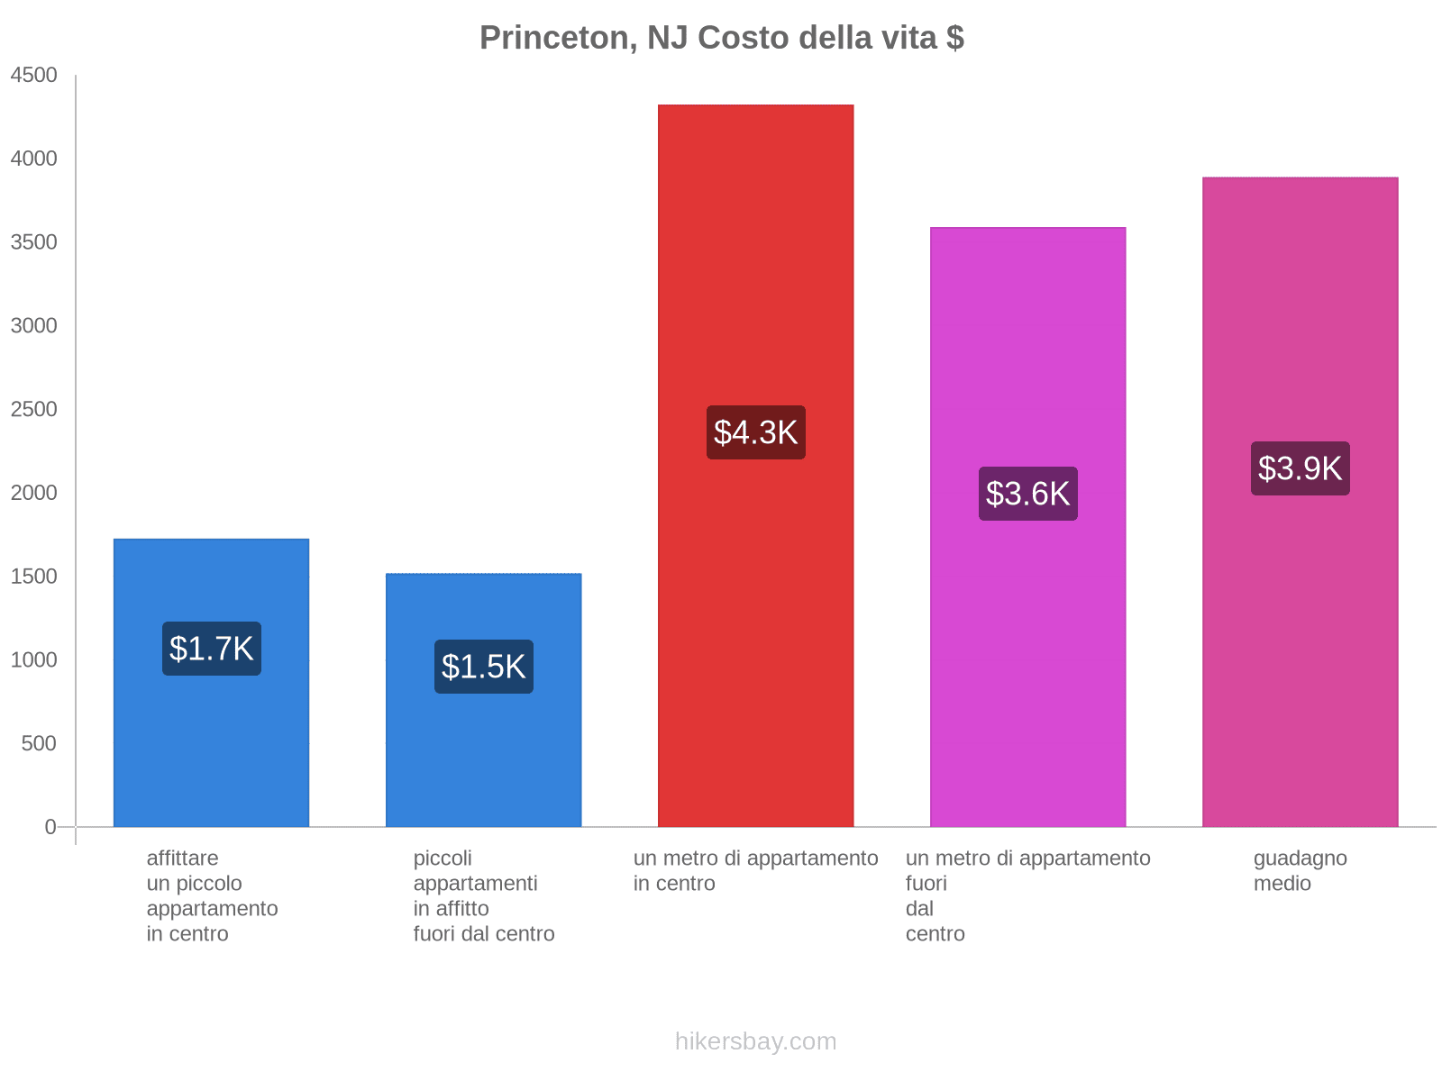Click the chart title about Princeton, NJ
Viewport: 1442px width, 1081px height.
click(721, 38)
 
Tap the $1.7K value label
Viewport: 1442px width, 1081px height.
click(212, 649)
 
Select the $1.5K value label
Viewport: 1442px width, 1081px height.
click(484, 667)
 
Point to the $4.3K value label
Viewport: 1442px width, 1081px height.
click(755, 432)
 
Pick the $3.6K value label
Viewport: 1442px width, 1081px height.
click(1027, 494)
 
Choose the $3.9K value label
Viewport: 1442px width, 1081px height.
click(1300, 468)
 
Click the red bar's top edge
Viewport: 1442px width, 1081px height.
click(755, 106)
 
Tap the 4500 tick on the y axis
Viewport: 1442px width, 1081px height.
click(34, 76)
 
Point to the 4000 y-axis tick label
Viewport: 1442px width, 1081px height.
click(34, 159)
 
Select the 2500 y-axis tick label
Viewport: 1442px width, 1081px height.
click(34, 410)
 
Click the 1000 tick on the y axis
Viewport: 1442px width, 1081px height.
click(34, 660)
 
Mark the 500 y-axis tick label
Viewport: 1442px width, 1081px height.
click(39, 744)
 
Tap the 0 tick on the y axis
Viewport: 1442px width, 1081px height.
click(50, 827)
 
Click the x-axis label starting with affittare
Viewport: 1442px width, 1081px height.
click(212, 895)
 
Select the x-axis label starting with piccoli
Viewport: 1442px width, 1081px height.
click(484, 895)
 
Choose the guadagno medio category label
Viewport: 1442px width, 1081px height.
click(1300, 870)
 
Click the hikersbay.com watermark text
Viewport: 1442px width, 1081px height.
click(755, 1041)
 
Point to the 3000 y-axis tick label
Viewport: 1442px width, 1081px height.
click(34, 326)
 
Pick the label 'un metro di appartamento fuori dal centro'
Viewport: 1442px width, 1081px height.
click(1027, 895)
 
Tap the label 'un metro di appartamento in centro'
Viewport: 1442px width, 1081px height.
click(755, 870)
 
